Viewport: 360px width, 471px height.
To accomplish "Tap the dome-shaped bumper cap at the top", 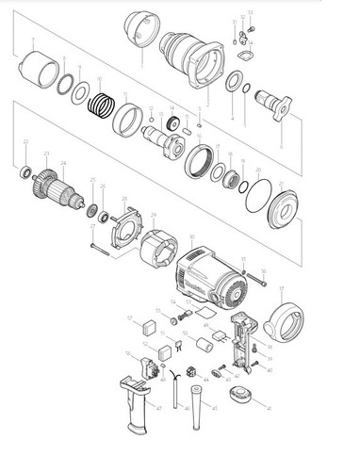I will coord(139,30).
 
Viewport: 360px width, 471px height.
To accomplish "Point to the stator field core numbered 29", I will coord(156,248).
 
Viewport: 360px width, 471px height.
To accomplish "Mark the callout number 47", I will coord(159,408).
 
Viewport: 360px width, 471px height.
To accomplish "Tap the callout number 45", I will coord(215,408).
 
